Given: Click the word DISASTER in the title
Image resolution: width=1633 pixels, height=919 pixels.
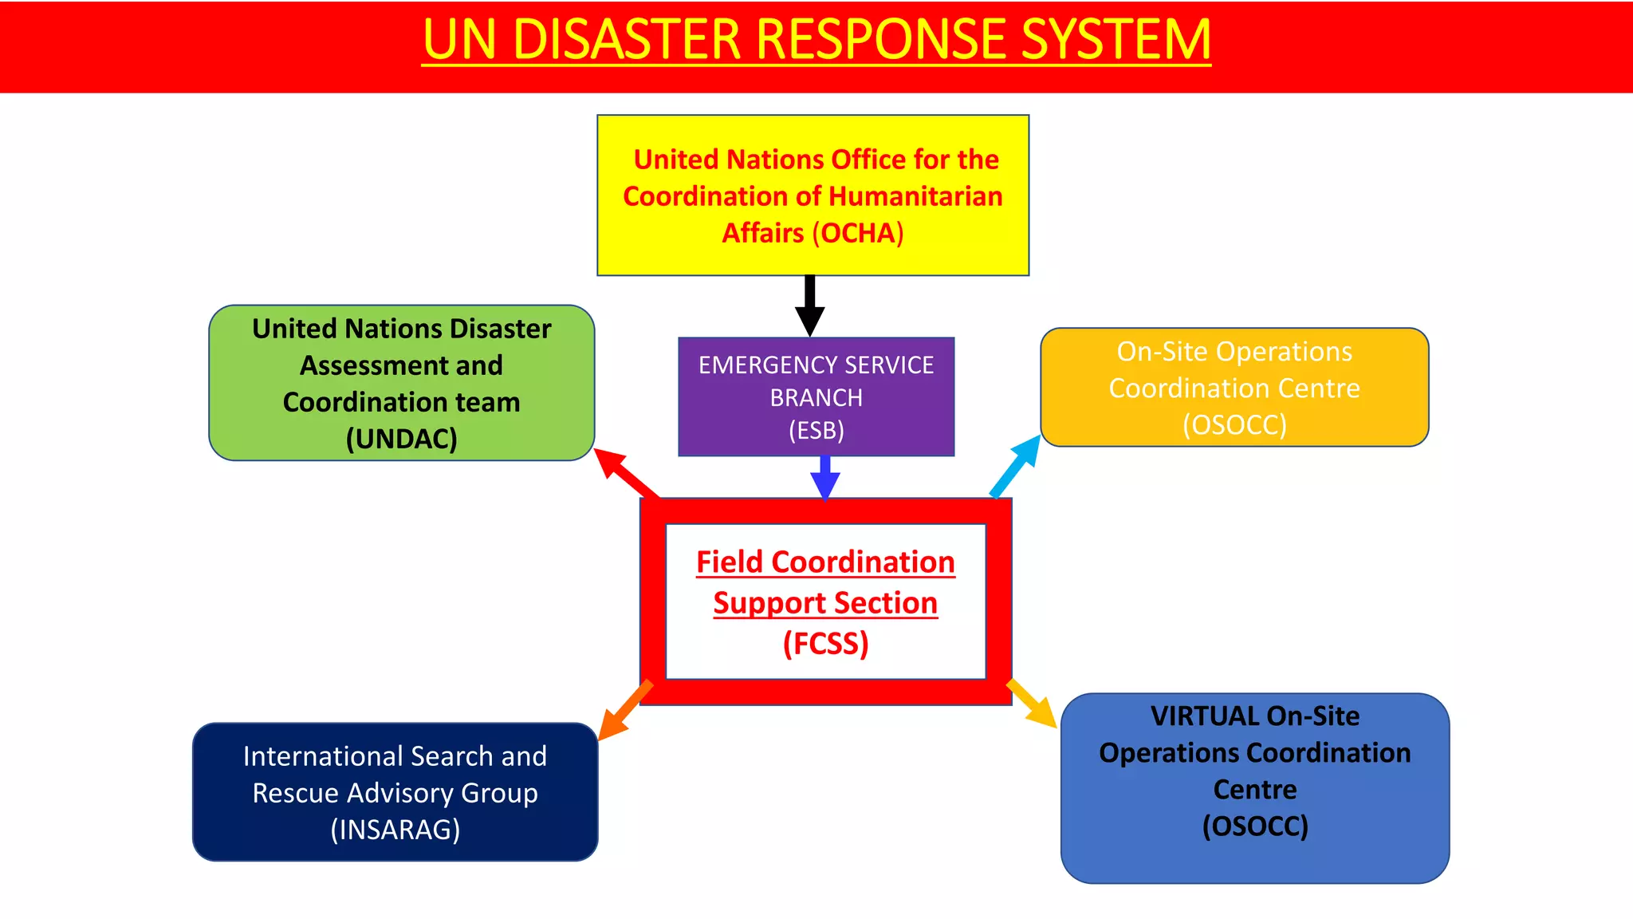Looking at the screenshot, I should tap(627, 40).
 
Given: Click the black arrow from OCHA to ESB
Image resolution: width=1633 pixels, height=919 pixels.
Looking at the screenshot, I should tap(810, 307).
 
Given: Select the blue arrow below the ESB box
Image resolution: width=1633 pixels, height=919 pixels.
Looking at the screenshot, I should tap(825, 478).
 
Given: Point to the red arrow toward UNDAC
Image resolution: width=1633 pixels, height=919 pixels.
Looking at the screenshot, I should tap(625, 472).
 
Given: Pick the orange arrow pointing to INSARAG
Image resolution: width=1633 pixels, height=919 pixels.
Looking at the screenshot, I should tap(625, 710).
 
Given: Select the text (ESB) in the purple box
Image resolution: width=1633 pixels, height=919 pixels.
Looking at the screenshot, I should tap(816, 431).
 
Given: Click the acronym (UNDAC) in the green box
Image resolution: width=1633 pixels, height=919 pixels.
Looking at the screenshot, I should tap(401, 439).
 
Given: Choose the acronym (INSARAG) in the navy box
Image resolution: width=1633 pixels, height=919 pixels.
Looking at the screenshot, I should tap(395, 830).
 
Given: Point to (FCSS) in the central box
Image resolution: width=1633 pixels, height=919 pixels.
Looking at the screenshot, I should tap(825, 644).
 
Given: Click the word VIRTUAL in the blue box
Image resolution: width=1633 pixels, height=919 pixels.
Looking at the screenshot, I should tap(1204, 716).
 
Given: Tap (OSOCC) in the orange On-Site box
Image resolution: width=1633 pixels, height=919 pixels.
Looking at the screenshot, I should tap(1234, 424).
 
